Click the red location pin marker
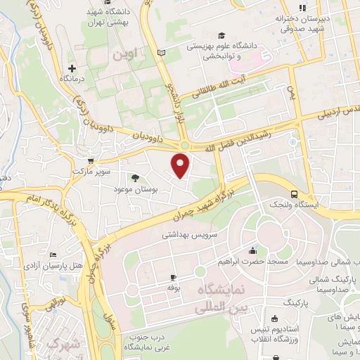pyautogui.click(x=181, y=165)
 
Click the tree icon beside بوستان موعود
pyautogui.click(x=136, y=177)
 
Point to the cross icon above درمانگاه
pyautogui.click(x=71, y=68)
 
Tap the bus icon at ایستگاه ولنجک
pyautogui.click(x=293, y=194)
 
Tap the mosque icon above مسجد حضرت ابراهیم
pyautogui.click(x=252, y=250)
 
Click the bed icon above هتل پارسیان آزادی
pyautogui.click(x=53, y=254)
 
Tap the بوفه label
pyautogui.click(x=174, y=288)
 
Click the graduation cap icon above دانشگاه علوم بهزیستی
pyautogui.click(x=221, y=34)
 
